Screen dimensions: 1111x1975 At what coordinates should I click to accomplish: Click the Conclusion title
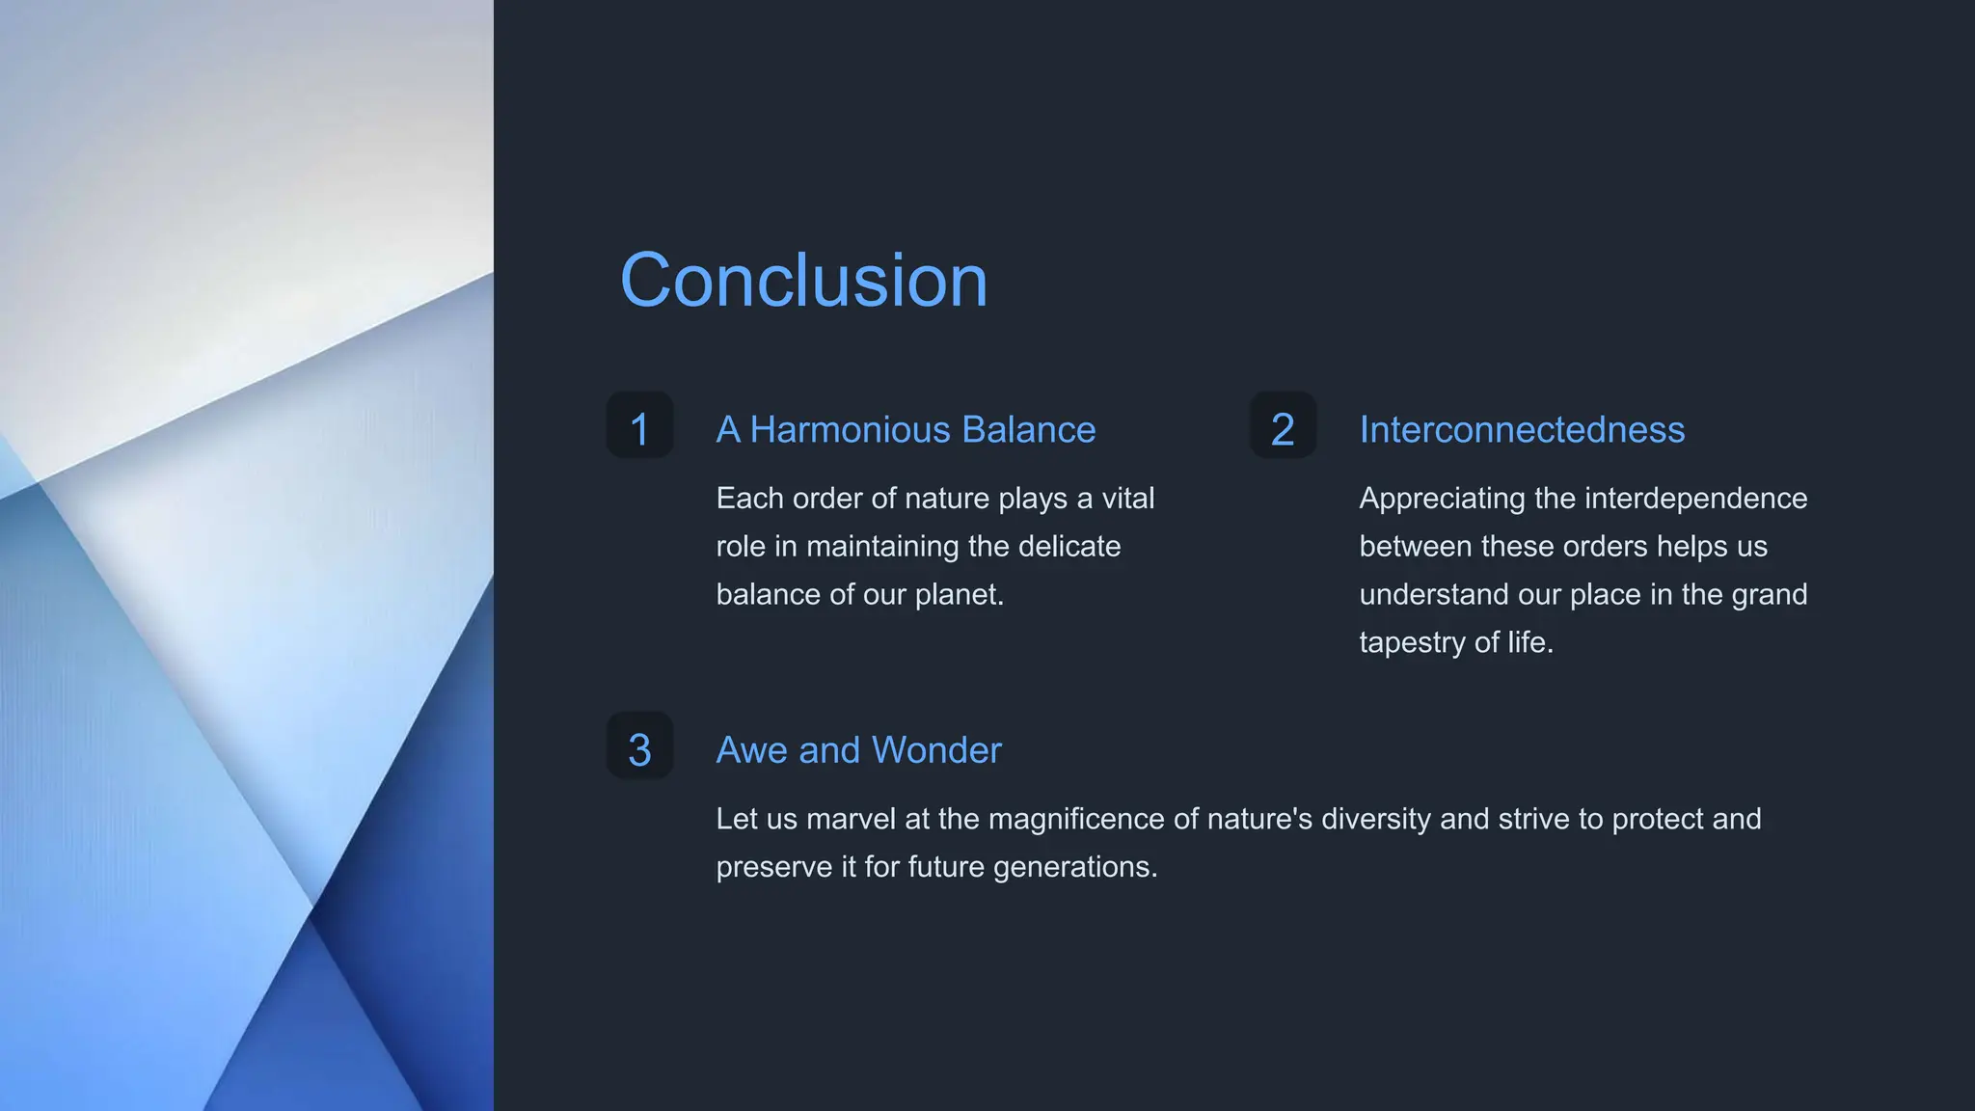803,281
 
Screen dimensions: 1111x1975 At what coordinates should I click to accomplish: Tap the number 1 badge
639,426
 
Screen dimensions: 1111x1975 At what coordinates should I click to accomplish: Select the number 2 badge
1283,426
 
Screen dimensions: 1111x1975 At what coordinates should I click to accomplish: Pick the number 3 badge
639,746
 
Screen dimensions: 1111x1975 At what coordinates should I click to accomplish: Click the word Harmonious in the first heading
850,430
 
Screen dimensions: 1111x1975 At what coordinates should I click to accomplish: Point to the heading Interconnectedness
1522,430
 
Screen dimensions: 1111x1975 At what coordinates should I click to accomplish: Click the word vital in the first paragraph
1128,499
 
